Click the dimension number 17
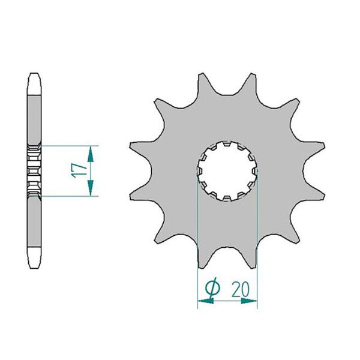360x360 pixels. pos(76,170)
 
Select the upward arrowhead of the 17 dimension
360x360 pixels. pos(90,154)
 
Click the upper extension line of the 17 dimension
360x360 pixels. pos(66,145)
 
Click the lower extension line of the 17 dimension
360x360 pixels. pos(66,196)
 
